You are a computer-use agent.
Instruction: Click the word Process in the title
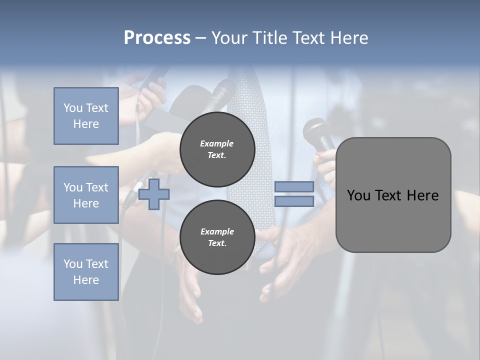[157, 38]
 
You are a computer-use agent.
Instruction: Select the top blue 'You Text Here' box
[86, 116]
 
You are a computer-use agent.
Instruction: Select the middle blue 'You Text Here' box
[86, 195]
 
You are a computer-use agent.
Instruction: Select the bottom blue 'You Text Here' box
[86, 272]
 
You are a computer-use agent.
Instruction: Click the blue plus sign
[154, 194]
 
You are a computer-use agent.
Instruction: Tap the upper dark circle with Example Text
[217, 149]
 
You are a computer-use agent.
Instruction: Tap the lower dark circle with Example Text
[217, 237]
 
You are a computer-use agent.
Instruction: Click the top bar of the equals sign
[294, 187]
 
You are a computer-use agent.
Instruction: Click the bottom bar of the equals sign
[294, 201]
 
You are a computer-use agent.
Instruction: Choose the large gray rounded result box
[393, 195]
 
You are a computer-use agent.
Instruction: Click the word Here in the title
[350, 38]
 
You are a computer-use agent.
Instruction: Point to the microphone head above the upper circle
[223, 93]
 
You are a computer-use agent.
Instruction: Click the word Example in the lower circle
[217, 231]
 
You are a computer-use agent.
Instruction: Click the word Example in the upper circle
[217, 143]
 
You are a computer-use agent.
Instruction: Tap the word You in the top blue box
[73, 108]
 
